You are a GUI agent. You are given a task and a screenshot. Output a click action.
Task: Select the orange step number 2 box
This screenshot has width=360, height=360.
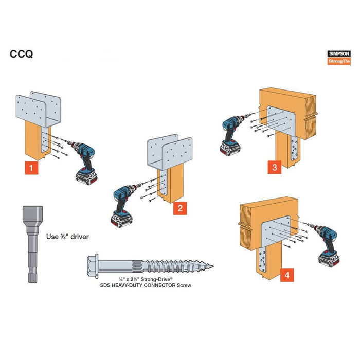179,208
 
